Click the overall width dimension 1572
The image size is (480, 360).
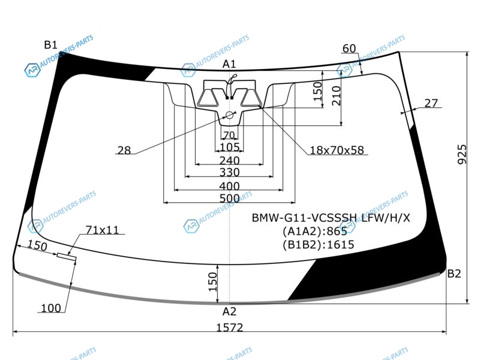pos(230,328)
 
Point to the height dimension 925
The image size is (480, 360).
pos(462,154)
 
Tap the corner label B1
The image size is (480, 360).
pos(51,44)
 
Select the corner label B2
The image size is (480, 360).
pos(454,274)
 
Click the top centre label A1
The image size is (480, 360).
pos(229,64)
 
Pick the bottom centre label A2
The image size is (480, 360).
pos(229,311)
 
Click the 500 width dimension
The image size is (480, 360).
pos(229,199)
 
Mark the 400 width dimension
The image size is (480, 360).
pos(229,186)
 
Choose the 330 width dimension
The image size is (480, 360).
pos(229,172)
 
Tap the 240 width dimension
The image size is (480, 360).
pos(229,160)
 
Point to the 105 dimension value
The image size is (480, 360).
pos(229,147)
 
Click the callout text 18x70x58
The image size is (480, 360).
pos(337,150)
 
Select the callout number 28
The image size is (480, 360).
pos(124,151)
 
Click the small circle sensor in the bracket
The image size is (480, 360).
pos(229,115)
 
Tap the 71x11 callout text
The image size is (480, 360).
pos(102,230)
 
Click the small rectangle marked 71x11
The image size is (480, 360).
pos(67,257)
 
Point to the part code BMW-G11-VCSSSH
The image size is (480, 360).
pos(304,218)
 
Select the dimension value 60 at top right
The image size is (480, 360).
pos(349,49)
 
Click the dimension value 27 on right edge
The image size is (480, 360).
pos(431,103)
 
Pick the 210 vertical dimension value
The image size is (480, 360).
pos(336,95)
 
